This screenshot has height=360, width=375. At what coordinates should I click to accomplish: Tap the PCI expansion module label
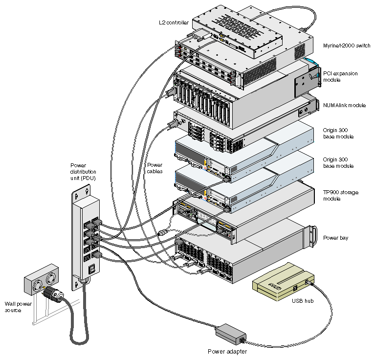tap(340, 76)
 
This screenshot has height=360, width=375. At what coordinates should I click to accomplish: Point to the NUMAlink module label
tap(344, 105)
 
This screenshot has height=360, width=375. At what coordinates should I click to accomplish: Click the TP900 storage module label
tap(340, 196)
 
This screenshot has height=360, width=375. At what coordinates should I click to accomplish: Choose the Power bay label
tap(335, 238)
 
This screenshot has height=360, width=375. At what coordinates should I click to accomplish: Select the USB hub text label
tap(303, 301)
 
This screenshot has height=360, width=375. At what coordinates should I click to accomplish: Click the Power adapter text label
tap(227, 351)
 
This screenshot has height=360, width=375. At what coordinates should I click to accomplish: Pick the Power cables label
tap(155, 168)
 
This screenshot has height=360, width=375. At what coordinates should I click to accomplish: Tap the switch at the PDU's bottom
tap(90, 269)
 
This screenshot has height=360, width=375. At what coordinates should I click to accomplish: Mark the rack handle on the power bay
tap(309, 239)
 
